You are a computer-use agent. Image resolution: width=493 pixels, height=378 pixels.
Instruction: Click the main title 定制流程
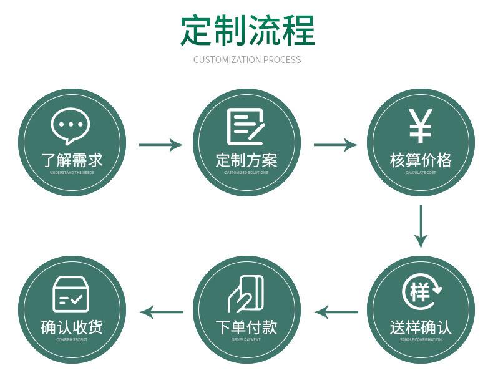[248, 30]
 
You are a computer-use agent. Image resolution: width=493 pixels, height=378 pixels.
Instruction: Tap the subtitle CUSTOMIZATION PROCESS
[247, 60]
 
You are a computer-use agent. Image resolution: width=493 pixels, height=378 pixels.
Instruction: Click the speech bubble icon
[71, 125]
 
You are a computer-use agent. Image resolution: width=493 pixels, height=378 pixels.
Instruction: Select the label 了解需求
[72, 160]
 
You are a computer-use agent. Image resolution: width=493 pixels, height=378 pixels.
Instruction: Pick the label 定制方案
[246, 160]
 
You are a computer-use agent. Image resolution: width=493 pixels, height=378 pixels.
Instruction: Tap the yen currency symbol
[420, 126]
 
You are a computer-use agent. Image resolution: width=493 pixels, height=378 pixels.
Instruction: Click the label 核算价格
[421, 160]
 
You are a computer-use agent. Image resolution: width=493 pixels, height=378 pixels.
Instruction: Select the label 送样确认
[421, 327]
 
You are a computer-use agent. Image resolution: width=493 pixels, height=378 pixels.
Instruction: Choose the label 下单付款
[246, 327]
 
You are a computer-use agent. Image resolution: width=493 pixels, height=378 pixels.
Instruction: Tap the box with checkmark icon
[71, 294]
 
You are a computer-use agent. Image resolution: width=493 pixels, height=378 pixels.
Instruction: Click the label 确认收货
[72, 327]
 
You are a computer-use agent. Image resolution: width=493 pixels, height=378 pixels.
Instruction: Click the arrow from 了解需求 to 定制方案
[160, 145]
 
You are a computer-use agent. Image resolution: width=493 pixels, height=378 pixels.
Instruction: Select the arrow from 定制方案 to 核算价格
[335, 145]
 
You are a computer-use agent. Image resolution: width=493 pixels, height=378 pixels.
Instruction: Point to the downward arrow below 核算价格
[421, 226]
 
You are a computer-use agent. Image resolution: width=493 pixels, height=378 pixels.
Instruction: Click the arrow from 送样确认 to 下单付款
[336, 312]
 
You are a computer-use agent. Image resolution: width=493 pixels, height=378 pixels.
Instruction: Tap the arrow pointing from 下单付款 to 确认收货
[161, 312]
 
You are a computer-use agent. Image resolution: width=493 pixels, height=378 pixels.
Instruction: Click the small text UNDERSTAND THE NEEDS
[72, 172]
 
